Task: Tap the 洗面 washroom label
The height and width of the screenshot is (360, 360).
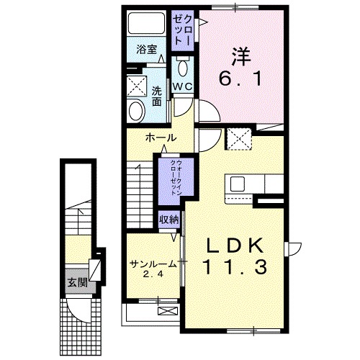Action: pos(157,96)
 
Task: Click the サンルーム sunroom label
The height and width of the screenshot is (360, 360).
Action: pos(152,264)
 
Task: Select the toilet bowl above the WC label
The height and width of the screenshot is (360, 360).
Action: pos(181,68)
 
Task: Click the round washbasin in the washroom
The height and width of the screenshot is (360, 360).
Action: pos(135,110)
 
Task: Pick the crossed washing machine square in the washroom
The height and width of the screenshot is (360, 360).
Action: pos(134,86)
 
